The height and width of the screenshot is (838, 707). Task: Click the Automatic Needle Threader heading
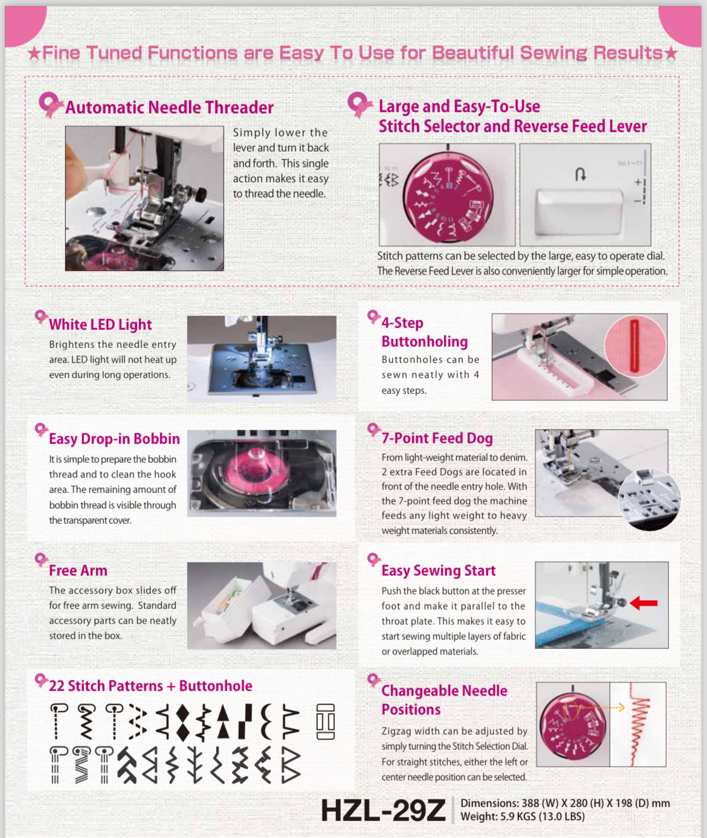pyautogui.click(x=169, y=108)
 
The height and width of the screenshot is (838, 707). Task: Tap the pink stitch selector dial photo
pyautogui.click(x=448, y=195)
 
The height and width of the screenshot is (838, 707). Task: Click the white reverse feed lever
pyautogui.click(x=579, y=210)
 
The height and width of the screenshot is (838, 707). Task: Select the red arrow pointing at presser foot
pyautogui.click(x=644, y=602)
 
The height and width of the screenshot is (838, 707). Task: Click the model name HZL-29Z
pyautogui.click(x=383, y=810)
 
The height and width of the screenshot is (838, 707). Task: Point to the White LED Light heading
pyautogui.click(x=100, y=324)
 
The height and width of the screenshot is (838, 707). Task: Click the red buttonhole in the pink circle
pyautogui.click(x=634, y=346)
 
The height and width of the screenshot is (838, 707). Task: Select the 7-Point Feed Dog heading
pyautogui.click(x=437, y=438)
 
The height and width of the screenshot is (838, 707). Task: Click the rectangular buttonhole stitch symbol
pyautogui.click(x=325, y=721)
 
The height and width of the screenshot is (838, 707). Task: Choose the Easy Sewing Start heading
pyautogui.click(x=438, y=570)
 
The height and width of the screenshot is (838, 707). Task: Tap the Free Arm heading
pyautogui.click(x=78, y=570)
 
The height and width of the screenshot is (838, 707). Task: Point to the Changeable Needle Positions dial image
pyautogui.click(x=572, y=725)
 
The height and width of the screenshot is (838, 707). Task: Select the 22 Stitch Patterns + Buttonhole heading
pyautogui.click(x=150, y=686)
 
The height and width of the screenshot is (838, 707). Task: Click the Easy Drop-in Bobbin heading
pyautogui.click(x=114, y=439)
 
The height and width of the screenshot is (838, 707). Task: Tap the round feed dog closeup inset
pyautogui.click(x=650, y=500)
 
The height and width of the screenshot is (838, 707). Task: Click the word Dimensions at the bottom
pyautogui.click(x=488, y=803)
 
